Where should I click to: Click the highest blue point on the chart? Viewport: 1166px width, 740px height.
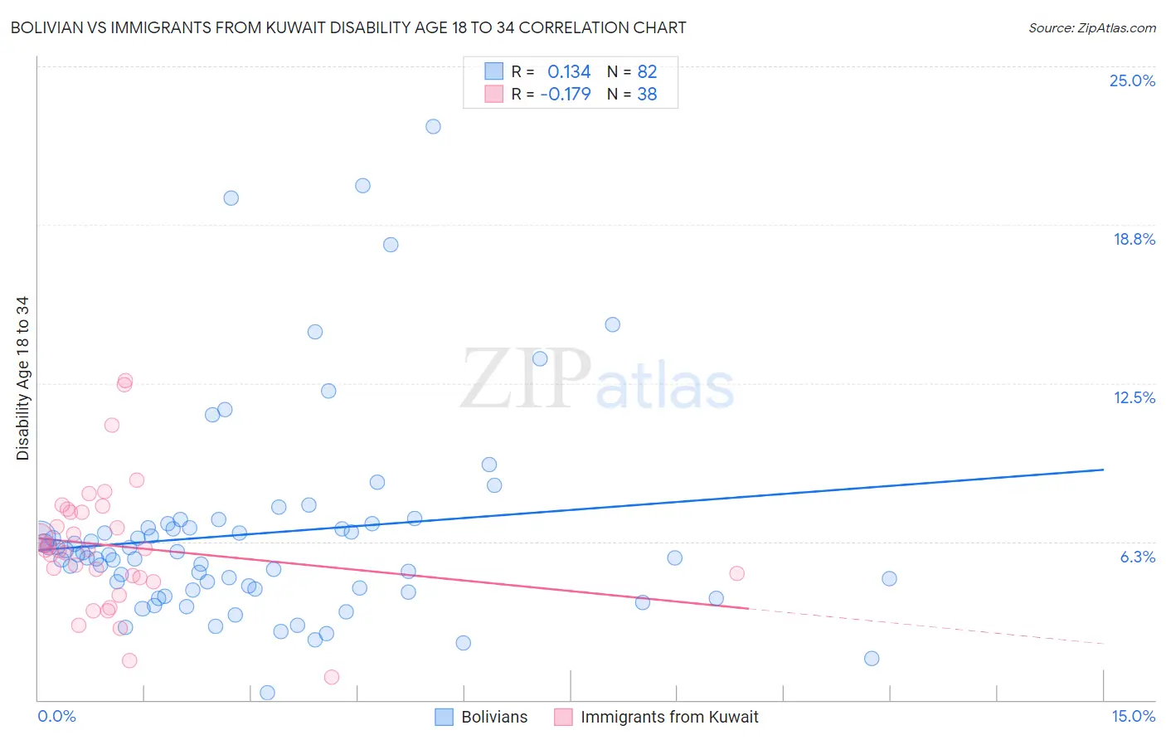(433, 126)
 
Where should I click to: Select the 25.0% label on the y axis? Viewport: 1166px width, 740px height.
(1132, 80)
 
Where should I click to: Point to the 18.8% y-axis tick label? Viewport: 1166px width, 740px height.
(1134, 239)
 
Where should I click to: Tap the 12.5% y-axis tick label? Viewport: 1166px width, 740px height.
(1134, 397)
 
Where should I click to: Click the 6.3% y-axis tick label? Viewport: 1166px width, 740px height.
(1137, 557)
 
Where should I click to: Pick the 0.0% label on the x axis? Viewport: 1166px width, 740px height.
(56, 717)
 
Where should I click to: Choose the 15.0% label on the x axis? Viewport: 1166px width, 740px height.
(1133, 717)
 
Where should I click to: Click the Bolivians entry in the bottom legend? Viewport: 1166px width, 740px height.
(494, 717)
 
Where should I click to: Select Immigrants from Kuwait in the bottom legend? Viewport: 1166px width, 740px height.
(669, 717)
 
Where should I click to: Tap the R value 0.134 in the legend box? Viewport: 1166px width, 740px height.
(569, 72)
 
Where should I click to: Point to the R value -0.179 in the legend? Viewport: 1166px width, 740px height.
(566, 95)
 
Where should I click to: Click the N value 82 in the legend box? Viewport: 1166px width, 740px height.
(647, 72)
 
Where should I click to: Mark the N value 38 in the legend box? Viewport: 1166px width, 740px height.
(647, 95)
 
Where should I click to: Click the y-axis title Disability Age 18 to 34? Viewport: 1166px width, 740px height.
(22, 378)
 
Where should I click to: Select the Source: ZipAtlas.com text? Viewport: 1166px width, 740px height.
(1091, 28)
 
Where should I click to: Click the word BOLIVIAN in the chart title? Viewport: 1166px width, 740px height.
(51, 28)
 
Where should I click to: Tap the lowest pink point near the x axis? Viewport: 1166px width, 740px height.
(332, 677)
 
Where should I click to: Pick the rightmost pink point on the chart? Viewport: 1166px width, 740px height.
(736, 573)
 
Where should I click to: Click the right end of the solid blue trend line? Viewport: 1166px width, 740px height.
(1103, 470)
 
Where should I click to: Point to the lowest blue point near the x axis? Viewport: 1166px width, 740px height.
(267, 693)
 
